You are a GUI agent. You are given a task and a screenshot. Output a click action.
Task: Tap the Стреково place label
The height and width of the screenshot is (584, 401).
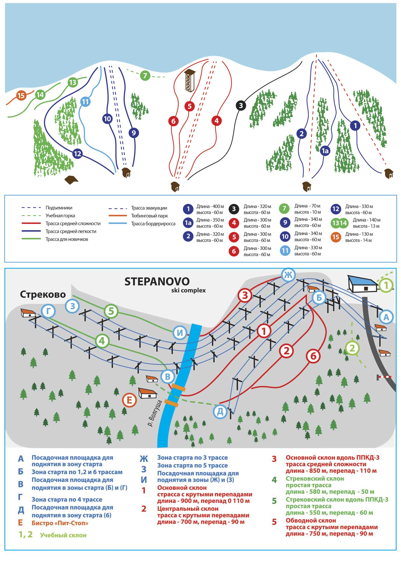[43, 294]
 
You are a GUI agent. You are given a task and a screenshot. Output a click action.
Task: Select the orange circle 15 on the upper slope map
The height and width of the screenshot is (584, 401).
[21, 96]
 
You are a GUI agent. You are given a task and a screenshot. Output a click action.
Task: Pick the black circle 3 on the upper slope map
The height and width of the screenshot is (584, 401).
[241, 105]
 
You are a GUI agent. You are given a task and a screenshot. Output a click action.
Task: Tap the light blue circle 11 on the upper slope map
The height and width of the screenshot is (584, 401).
[85, 102]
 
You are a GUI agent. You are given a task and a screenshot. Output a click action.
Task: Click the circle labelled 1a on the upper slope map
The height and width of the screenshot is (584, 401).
[325, 151]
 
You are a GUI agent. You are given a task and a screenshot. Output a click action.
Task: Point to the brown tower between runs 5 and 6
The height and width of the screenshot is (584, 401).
[190, 80]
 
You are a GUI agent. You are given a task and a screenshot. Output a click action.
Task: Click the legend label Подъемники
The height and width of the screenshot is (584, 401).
[59, 208]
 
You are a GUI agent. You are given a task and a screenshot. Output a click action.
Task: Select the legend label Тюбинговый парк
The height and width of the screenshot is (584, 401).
[149, 216]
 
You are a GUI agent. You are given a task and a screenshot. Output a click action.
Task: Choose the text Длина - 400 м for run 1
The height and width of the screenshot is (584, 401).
[210, 206]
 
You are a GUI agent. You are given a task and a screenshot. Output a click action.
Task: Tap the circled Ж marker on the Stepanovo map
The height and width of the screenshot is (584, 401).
[288, 275]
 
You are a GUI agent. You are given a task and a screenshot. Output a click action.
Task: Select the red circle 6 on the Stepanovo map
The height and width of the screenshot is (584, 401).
[313, 356]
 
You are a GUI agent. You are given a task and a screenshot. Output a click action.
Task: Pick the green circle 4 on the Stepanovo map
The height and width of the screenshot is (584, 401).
[102, 341]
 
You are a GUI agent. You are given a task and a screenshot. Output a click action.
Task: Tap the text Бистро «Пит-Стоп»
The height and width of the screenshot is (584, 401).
[60, 523]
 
